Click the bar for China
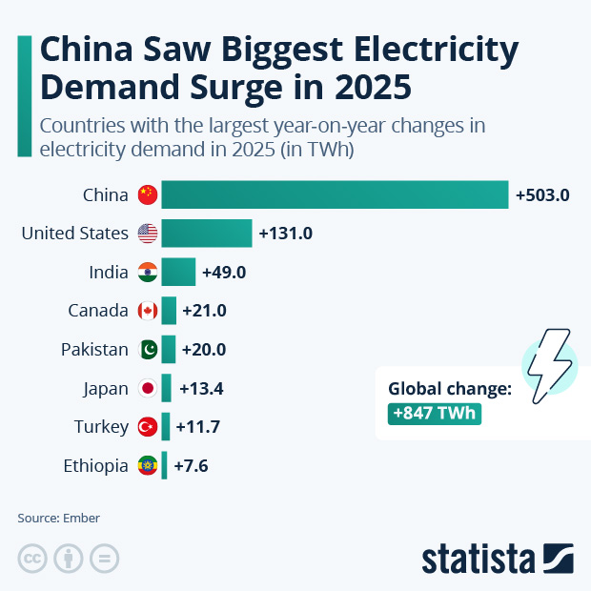click(334, 194)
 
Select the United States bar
click(206, 234)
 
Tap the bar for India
click(178, 273)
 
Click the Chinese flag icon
click(147, 194)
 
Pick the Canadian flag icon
click(147, 311)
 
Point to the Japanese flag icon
click(147, 388)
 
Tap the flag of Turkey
click(147, 427)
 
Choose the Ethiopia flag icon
click(147, 466)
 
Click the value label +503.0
click(542, 195)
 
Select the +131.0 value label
click(286, 234)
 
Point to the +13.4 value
click(200, 388)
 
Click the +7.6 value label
click(190, 466)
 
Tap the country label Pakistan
click(94, 350)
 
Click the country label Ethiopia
click(95, 466)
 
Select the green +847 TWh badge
click(434, 415)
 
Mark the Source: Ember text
click(58, 519)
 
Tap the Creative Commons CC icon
click(32, 559)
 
